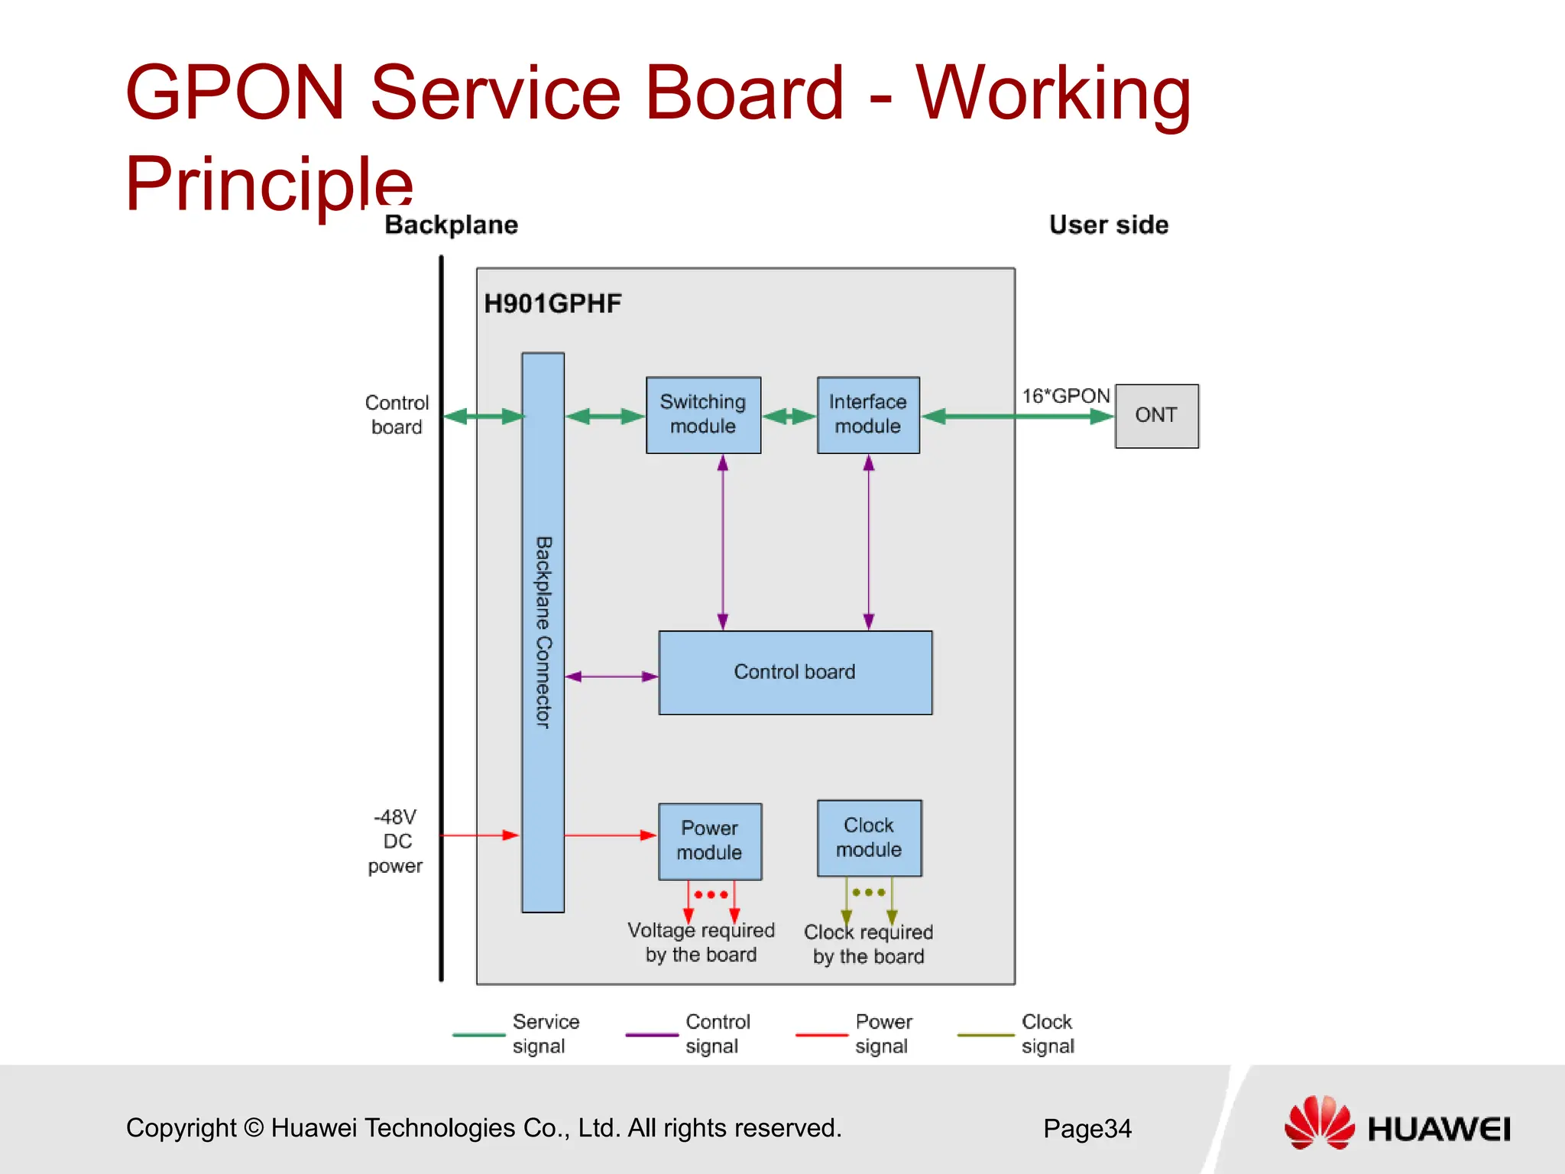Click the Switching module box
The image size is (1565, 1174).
(x=703, y=414)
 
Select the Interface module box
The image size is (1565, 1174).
(x=868, y=414)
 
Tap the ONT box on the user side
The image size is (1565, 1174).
(x=1156, y=416)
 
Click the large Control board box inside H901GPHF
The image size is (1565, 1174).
(x=795, y=672)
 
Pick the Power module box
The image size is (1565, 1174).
(x=710, y=841)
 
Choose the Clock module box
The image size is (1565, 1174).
(x=869, y=838)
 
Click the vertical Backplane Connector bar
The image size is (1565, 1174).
(x=543, y=631)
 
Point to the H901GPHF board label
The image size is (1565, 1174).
(x=552, y=303)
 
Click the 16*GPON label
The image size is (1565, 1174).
(x=1065, y=396)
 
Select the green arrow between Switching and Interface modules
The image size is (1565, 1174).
(x=789, y=417)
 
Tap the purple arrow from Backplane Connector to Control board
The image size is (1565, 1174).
(x=611, y=676)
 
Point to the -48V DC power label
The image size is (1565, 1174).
(x=396, y=841)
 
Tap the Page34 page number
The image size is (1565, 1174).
(x=1087, y=1128)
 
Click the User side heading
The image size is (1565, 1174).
(x=1108, y=225)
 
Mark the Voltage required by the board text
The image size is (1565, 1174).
(x=701, y=942)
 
